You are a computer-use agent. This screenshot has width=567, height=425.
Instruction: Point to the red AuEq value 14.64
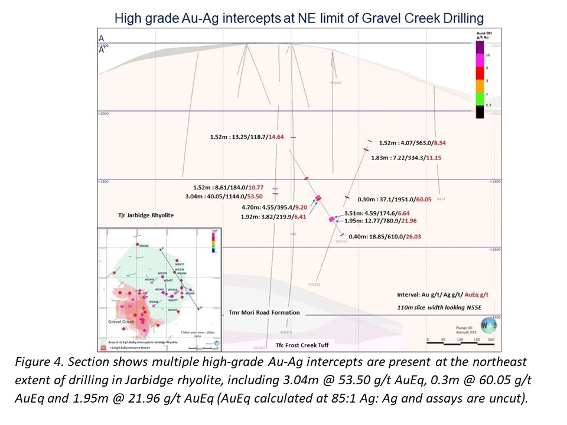pyautogui.click(x=276, y=137)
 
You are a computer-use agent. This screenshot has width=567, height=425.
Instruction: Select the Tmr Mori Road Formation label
pyautogui.click(x=264, y=312)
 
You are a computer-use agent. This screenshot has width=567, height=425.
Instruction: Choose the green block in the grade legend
pyautogui.click(x=480, y=98)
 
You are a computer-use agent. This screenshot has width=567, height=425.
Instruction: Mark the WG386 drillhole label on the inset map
pyautogui.click(x=144, y=246)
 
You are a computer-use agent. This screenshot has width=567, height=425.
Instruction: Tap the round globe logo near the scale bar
pyautogui.click(x=487, y=325)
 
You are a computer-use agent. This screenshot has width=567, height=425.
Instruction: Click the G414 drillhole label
pyautogui.click(x=440, y=200)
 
